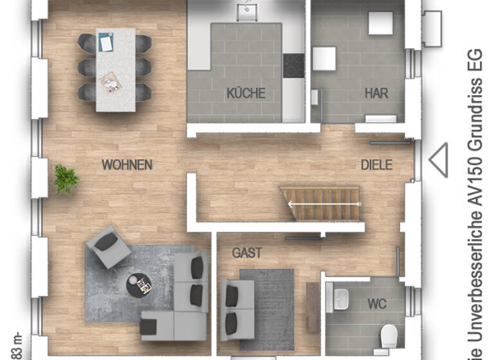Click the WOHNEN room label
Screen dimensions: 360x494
(127, 165)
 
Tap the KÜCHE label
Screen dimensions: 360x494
(246, 93)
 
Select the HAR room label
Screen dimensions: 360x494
(376, 93)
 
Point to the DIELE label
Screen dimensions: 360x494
(376, 165)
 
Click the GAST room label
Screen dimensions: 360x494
(247, 253)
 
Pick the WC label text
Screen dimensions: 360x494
(377, 303)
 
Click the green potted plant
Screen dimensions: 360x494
(66, 179)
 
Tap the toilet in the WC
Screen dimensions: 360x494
(389, 334)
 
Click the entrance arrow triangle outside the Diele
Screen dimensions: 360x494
(439, 160)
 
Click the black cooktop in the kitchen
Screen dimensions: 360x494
(294, 65)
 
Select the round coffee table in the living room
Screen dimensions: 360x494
(138, 285)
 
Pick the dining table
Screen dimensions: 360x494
(116, 69)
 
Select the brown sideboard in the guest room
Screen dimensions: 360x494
(313, 307)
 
